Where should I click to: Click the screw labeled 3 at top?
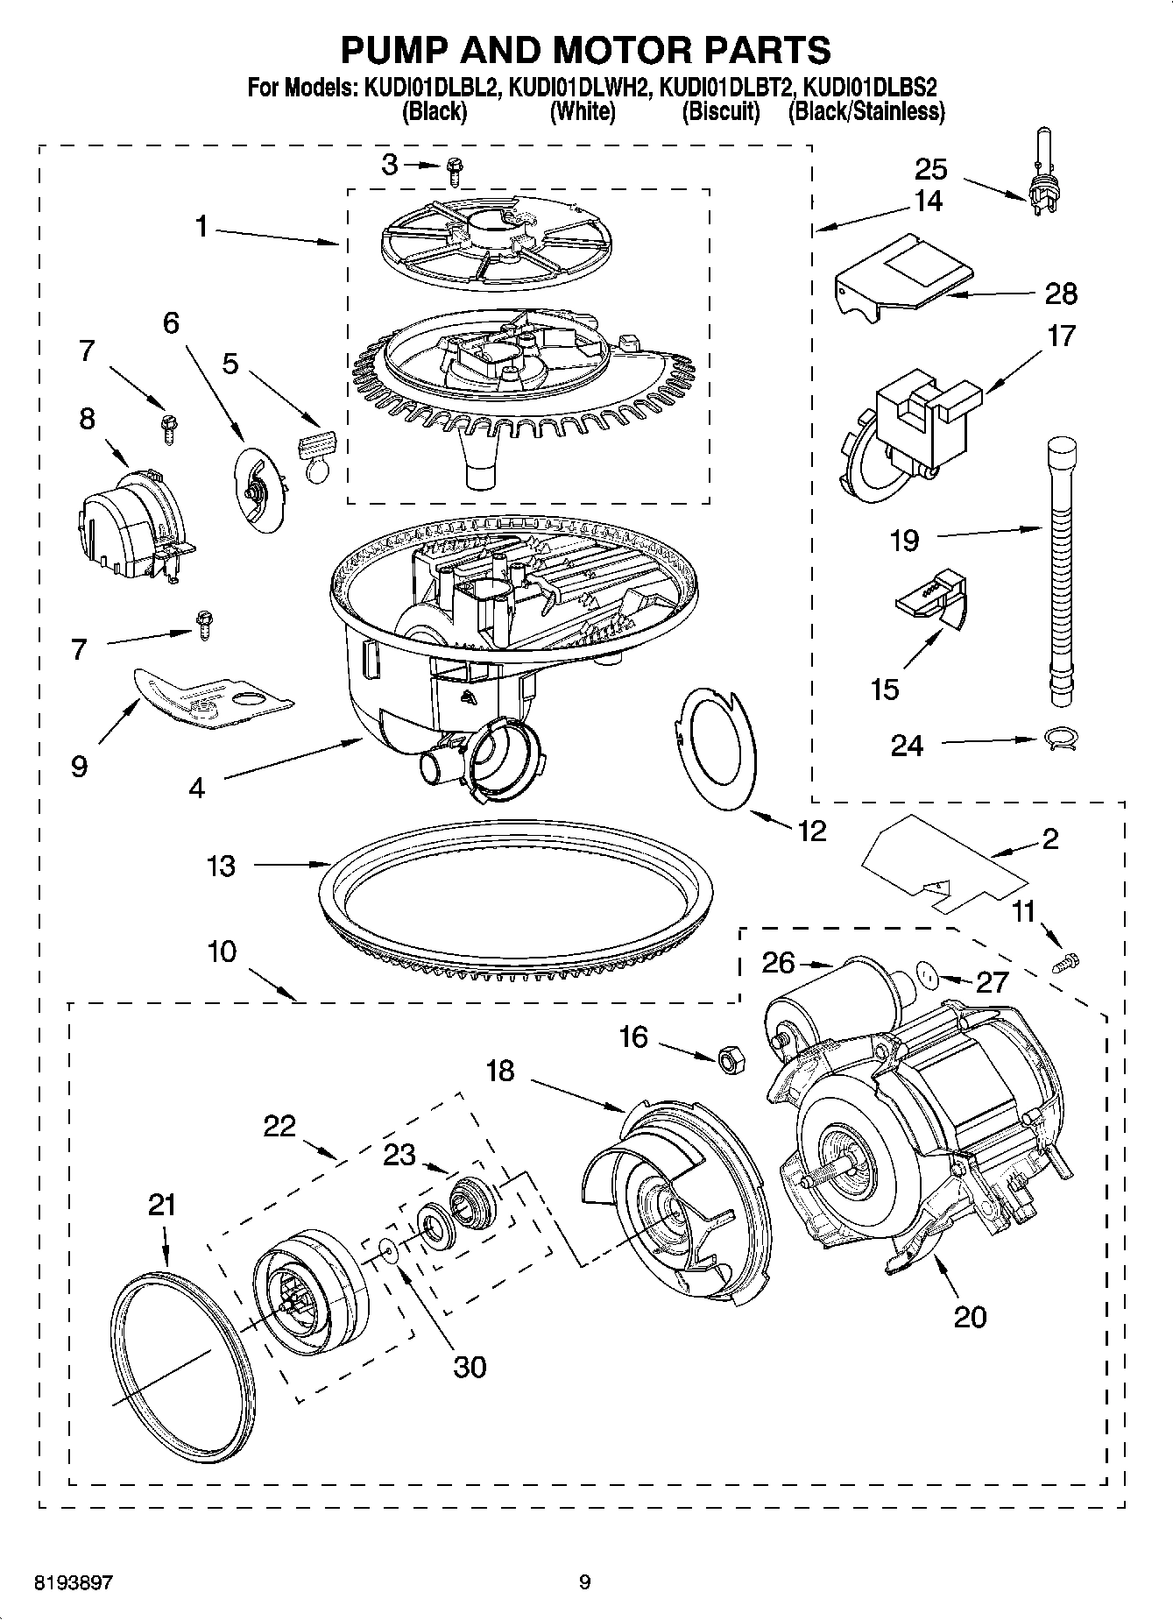coord(454,170)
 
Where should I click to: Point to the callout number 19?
coord(904,540)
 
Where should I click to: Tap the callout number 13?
coord(221,866)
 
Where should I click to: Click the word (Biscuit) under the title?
coord(721,111)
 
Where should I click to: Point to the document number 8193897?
coord(74,1583)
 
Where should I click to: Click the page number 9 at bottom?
coord(585,1583)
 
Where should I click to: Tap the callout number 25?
coord(932,169)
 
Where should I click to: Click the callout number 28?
coord(1061,294)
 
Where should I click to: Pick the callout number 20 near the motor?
coord(970,1317)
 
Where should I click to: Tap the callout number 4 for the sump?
coord(196,788)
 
